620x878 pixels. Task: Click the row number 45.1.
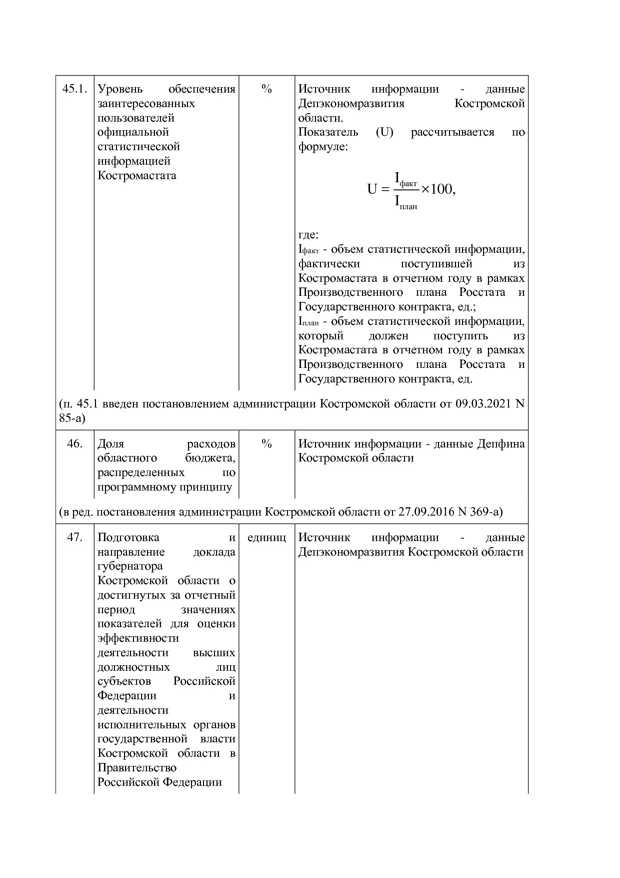(x=74, y=89)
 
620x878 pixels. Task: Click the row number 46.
(x=74, y=444)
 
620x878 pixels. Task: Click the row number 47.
(x=74, y=537)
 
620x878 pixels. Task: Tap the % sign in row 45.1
(x=266, y=89)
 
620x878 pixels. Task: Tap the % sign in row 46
(x=266, y=444)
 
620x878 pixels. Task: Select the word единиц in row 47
(x=266, y=537)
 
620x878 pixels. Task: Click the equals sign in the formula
(x=384, y=190)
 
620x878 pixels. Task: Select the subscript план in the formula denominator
(x=408, y=206)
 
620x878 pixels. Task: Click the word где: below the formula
(x=308, y=235)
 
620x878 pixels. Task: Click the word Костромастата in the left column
(x=136, y=176)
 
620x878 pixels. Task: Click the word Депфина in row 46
(x=501, y=444)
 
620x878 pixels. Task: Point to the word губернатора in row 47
(x=130, y=566)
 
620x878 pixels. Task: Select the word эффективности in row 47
(x=138, y=638)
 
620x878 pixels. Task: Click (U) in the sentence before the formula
(x=384, y=132)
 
